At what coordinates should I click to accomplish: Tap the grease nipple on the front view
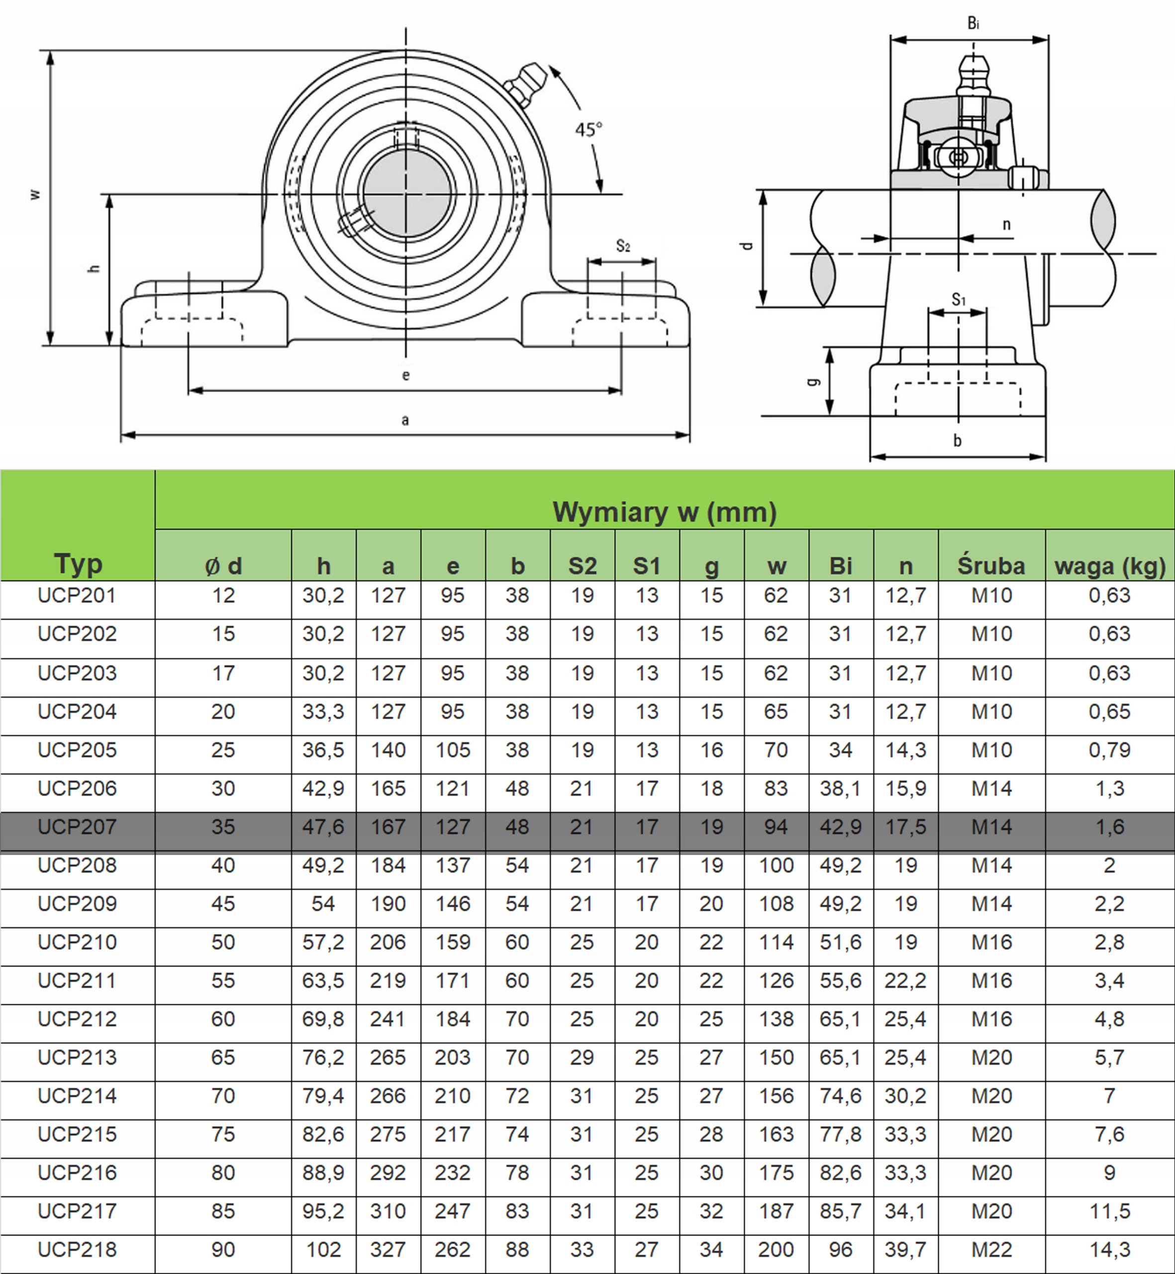[525, 83]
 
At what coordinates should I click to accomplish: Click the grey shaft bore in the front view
[406, 194]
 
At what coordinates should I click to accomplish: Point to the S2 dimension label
[623, 246]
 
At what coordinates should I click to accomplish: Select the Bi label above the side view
[973, 23]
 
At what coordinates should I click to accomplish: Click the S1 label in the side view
[958, 299]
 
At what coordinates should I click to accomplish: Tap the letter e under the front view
[405, 375]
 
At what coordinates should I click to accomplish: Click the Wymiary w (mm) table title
[665, 512]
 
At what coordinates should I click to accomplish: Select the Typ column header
[78, 563]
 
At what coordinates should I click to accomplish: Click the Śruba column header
[991, 565]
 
